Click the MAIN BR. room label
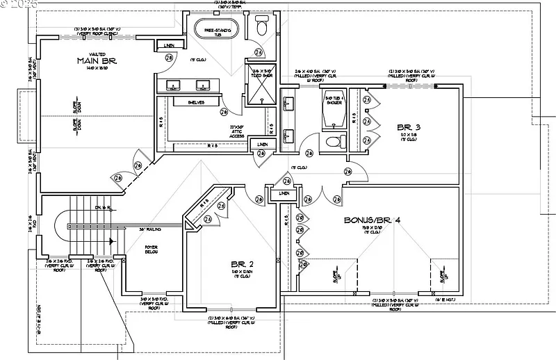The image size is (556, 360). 97,61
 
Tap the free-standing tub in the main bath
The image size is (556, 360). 216,28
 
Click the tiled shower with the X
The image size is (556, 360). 261,89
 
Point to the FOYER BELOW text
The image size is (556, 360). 152,249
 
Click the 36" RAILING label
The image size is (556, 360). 150,229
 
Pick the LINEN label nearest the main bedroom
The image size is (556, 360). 169,46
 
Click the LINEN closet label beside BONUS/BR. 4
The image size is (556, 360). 283,193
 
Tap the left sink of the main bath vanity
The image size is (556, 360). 173,86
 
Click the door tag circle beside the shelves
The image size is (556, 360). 224,111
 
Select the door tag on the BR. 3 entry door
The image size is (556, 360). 347,171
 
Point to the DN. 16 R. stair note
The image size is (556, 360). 102,208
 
